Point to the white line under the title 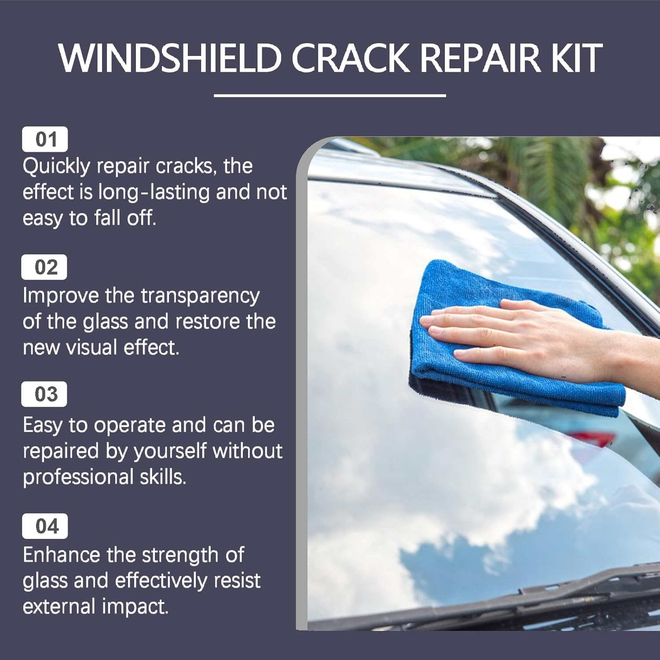(330, 95)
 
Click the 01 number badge (45, 139)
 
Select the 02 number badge (44, 267)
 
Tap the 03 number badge (44, 394)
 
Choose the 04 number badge (45, 526)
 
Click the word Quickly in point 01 (56, 167)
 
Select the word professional (78, 477)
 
